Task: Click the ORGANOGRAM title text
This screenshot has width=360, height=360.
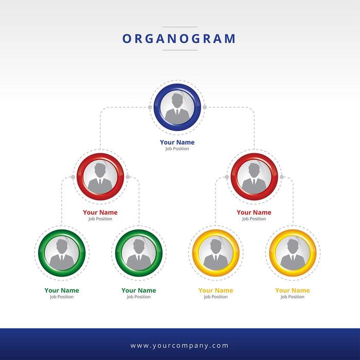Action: tap(179, 39)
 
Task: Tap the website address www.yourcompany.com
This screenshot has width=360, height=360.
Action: tap(179, 346)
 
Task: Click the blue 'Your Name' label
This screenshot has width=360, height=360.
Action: tap(177, 142)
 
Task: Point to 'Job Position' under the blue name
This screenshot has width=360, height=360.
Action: tap(177, 149)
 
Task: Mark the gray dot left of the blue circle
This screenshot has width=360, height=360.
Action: tap(150, 107)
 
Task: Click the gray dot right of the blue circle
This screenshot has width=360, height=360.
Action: tap(205, 107)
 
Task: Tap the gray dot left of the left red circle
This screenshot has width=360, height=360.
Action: tap(73, 177)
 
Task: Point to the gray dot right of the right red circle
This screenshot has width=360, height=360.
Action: tap(282, 177)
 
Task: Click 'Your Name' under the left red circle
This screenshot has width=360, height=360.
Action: tap(100, 212)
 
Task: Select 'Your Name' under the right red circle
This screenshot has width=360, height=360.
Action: tap(254, 212)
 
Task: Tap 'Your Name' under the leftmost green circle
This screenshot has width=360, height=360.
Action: tap(62, 291)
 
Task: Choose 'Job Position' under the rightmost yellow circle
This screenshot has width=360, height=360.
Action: tap(293, 297)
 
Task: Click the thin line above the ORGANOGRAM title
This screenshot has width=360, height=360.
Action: tap(179, 27)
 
